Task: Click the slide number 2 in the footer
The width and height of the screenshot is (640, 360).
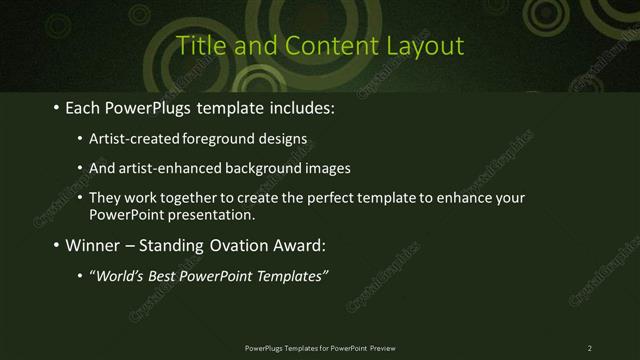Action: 589,347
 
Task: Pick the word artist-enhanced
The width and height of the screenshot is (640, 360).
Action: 161,168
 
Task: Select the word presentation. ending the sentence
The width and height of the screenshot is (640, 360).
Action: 213,214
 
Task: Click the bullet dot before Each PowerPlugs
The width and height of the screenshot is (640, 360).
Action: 55,107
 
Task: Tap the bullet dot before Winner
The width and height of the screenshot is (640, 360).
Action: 55,245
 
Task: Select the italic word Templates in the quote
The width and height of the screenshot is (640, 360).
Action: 291,276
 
